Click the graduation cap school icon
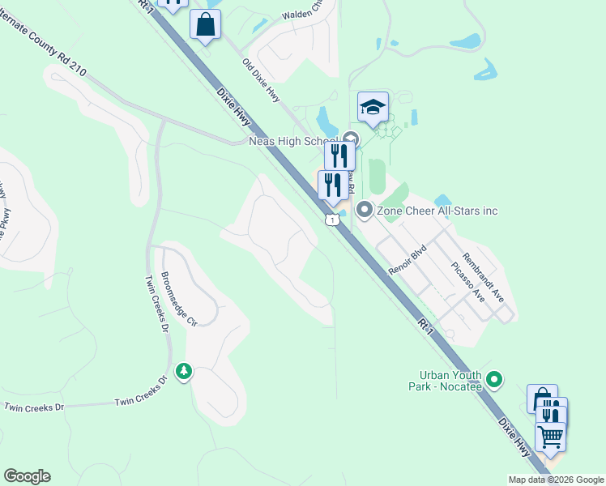coord(373,107)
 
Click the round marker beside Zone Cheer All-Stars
coord(365,211)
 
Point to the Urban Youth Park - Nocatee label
coord(450,381)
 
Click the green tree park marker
coord(185,372)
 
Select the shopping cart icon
coord(551,437)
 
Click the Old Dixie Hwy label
coord(261,80)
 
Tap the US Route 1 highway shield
coord(331,220)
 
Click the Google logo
coord(27,476)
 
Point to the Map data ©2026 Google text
coord(556,480)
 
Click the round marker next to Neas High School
coord(351,139)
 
